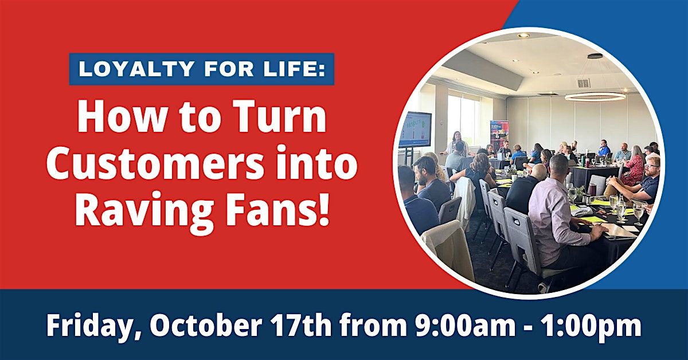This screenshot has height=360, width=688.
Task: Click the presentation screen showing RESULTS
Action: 415,130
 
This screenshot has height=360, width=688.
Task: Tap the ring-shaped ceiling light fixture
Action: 595,96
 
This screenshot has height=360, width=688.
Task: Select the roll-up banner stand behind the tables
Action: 499,134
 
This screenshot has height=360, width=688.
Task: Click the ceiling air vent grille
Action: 583,83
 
